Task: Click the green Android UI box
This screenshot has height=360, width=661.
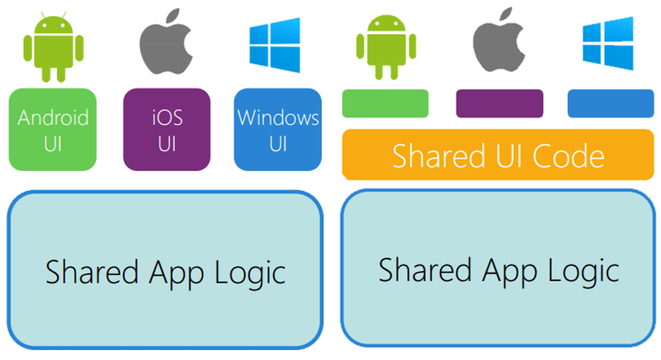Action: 52,130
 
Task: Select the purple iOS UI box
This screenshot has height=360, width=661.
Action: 167,130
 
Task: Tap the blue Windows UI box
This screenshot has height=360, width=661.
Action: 278,130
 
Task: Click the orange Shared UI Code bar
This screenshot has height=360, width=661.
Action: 498,155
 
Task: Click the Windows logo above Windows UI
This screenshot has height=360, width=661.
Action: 275,45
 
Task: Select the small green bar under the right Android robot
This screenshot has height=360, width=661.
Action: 385,104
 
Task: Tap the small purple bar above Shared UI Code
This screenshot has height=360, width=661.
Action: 500,104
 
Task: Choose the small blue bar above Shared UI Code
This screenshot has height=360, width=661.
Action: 611,104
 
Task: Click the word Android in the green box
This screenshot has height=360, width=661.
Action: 53,118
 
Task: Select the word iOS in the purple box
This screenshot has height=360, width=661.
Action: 167,117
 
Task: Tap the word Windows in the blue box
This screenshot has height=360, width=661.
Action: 278,118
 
